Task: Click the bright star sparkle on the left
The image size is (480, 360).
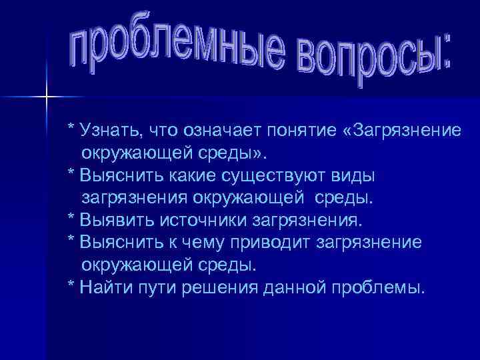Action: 47,98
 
